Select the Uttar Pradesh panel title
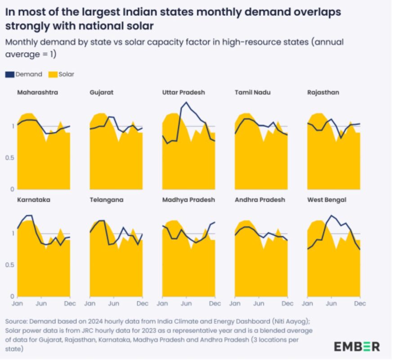[x=183, y=92]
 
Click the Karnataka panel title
[x=33, y=199]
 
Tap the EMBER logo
[x=357, y=346]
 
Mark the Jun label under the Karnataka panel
[x=41, y=304]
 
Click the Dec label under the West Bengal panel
[x=359, y=304]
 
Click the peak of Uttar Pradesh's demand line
[x=186, y=103]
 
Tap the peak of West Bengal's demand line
[x=331, y=216]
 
